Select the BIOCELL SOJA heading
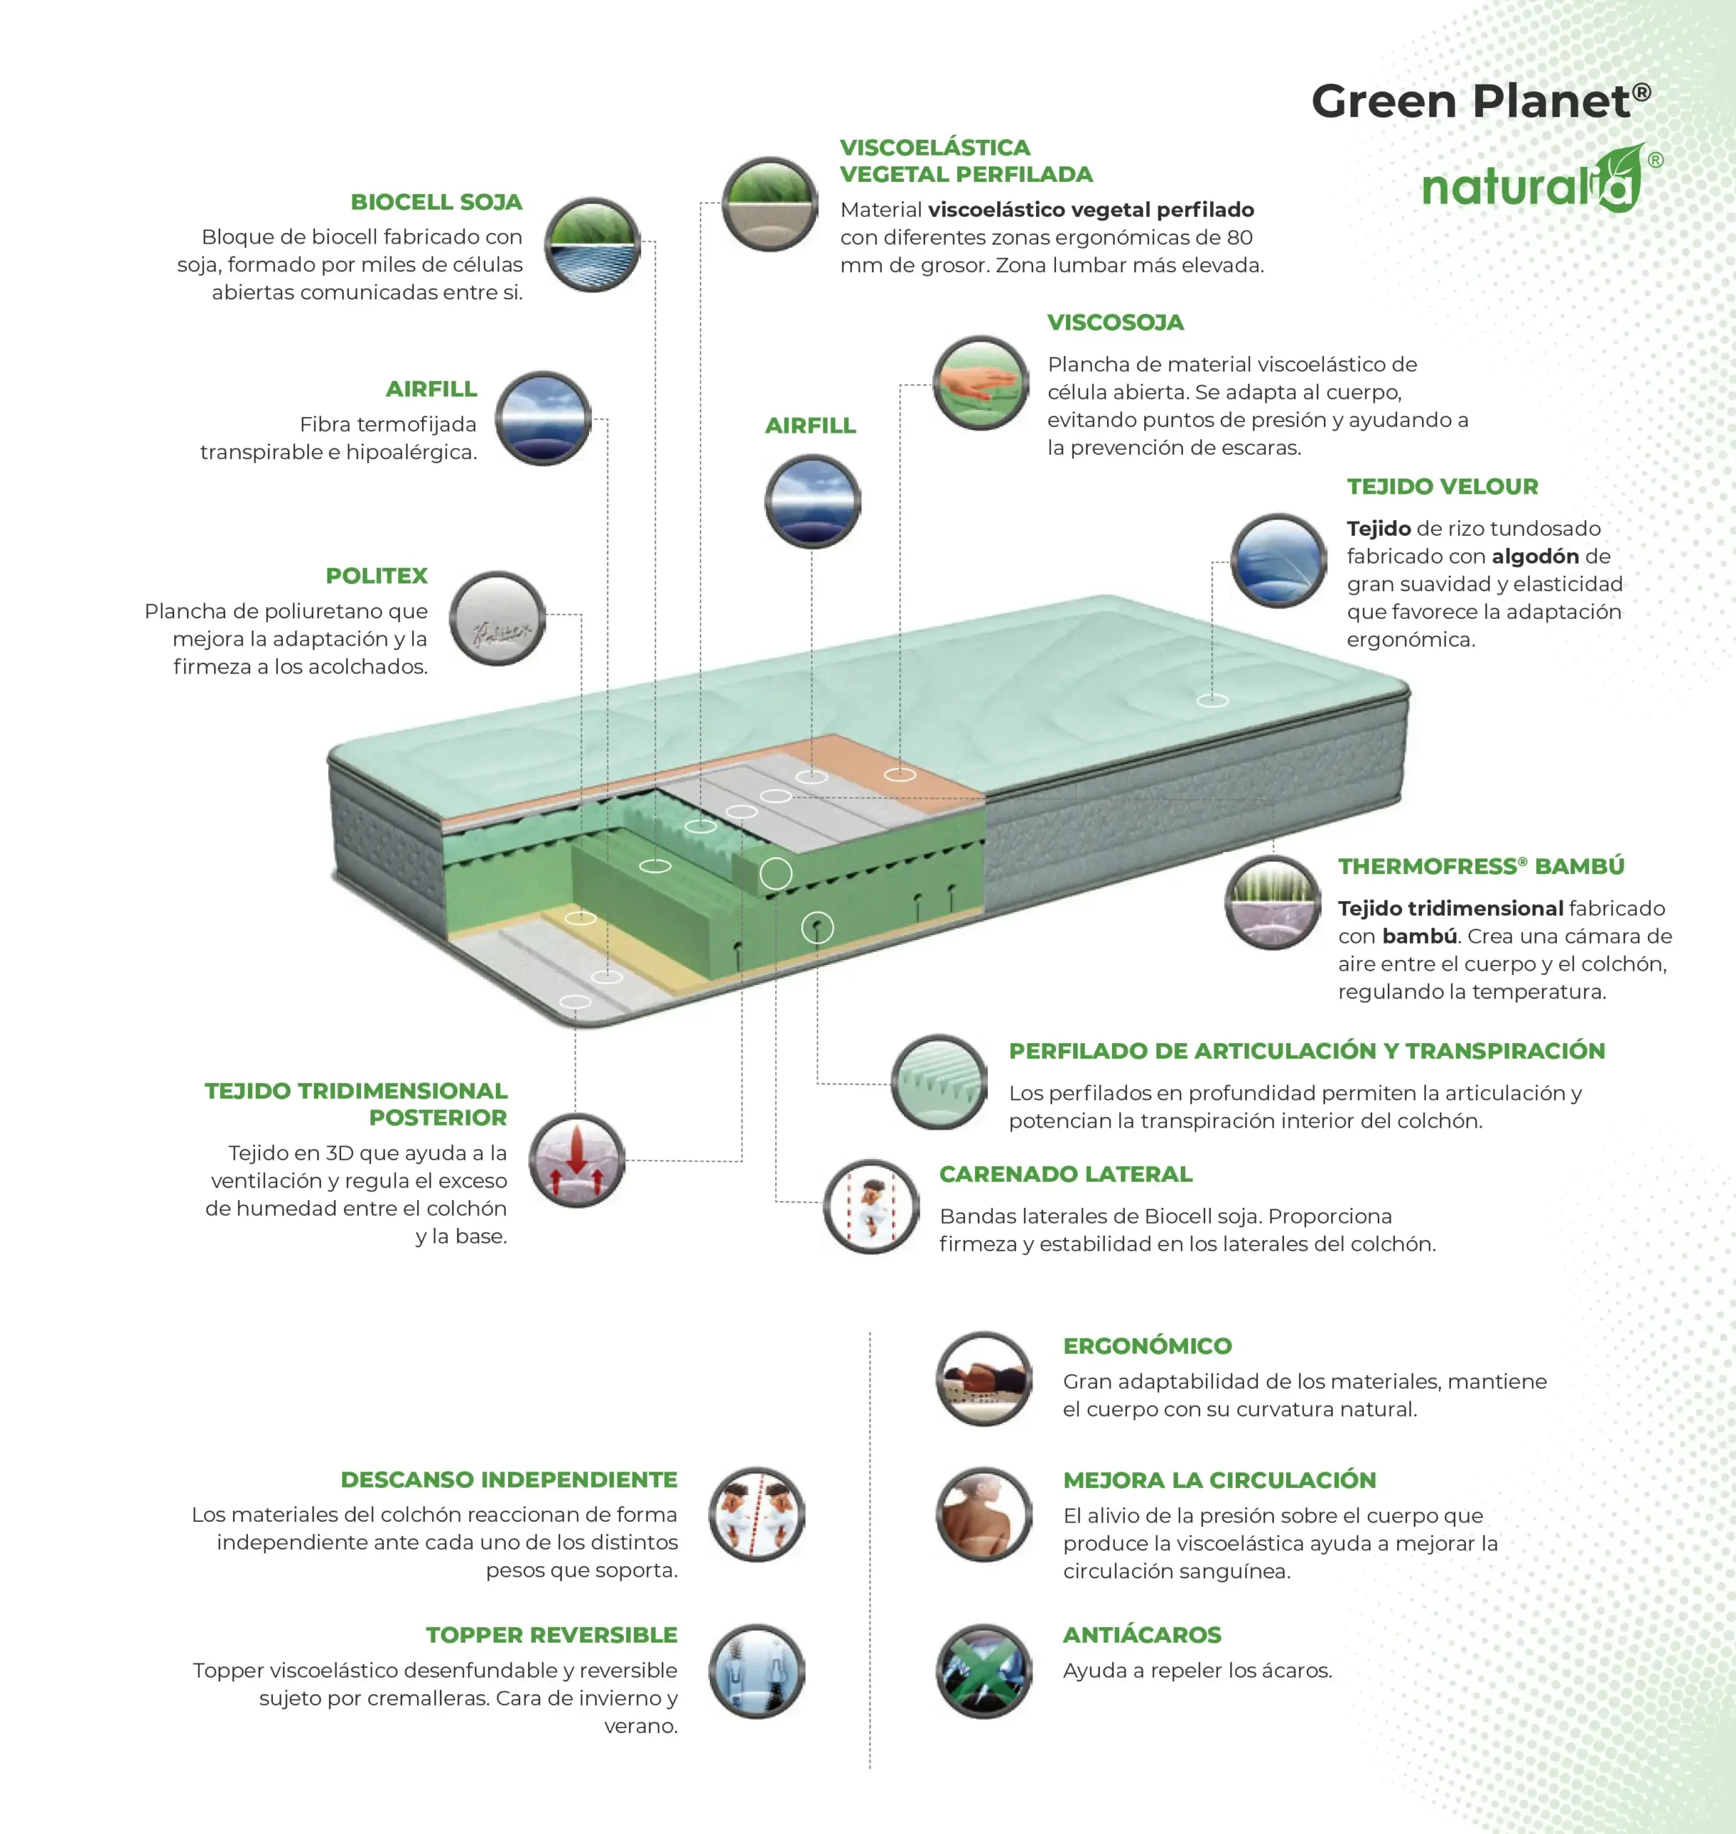click(436, 202)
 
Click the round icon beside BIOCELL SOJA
click(593, 245)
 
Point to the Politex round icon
click(498, 619)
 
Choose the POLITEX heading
click(377, 575)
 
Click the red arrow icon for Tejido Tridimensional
click(577, 1161)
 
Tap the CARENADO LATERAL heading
click(1065, 1174)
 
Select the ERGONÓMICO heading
click(1148, 1345)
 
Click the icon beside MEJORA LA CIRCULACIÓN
click(984, 1514)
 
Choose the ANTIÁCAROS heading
click(1142, 1635)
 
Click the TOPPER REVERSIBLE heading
click(552, 1635)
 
